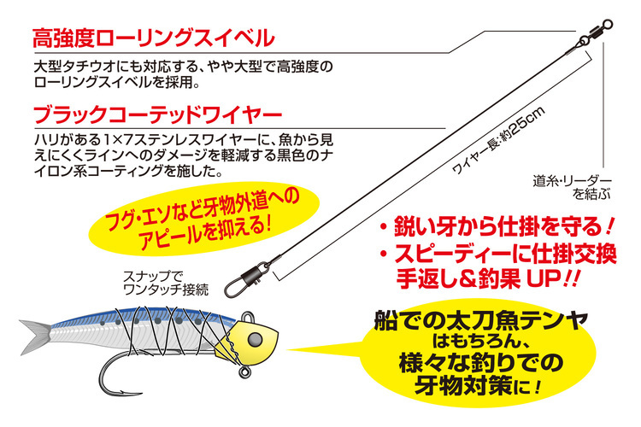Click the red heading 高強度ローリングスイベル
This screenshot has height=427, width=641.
click(153, 38)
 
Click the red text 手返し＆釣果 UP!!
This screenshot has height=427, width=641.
click(478, 278)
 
